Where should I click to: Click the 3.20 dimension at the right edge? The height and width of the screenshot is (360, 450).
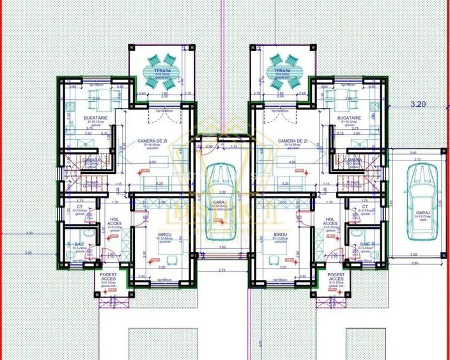point(417,103)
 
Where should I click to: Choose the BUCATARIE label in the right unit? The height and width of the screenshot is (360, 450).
point(350,118)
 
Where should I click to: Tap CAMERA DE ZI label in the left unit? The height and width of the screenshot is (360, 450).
point(151,141)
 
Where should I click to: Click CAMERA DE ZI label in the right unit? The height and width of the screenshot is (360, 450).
point(293,141)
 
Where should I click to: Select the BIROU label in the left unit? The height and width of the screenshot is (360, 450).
point(152,235)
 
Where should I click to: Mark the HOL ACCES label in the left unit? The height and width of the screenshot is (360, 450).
point(114,221)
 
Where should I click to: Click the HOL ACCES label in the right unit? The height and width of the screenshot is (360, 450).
point(330,221)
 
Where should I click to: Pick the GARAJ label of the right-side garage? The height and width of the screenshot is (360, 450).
point(423,212)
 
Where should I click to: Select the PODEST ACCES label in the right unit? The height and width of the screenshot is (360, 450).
point(336,276)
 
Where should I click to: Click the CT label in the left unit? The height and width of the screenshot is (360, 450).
point(79,207)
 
